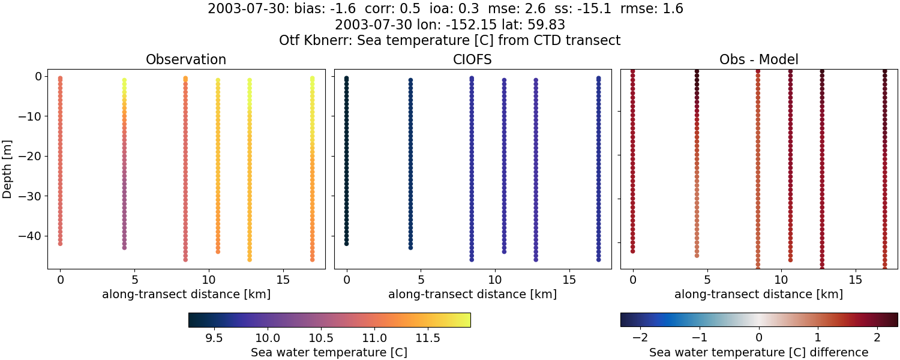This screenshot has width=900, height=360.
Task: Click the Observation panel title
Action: coord(186,60)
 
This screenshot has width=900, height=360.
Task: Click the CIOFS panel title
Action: coord(472,60)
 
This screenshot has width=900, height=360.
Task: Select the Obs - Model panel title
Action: coord(758,60)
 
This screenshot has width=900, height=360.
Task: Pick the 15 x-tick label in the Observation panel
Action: coord(283,280)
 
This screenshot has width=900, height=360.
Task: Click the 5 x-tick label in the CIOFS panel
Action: coord(421,280)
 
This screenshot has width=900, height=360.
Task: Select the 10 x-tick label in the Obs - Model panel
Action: coord(781,280)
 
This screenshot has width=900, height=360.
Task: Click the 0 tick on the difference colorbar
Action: coord(759,338)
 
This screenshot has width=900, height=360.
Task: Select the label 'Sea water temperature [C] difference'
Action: coord(758,352)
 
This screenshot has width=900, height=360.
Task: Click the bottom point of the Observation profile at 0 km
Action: coord(60,244)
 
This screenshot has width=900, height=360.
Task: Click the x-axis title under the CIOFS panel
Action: coord(472,295)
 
